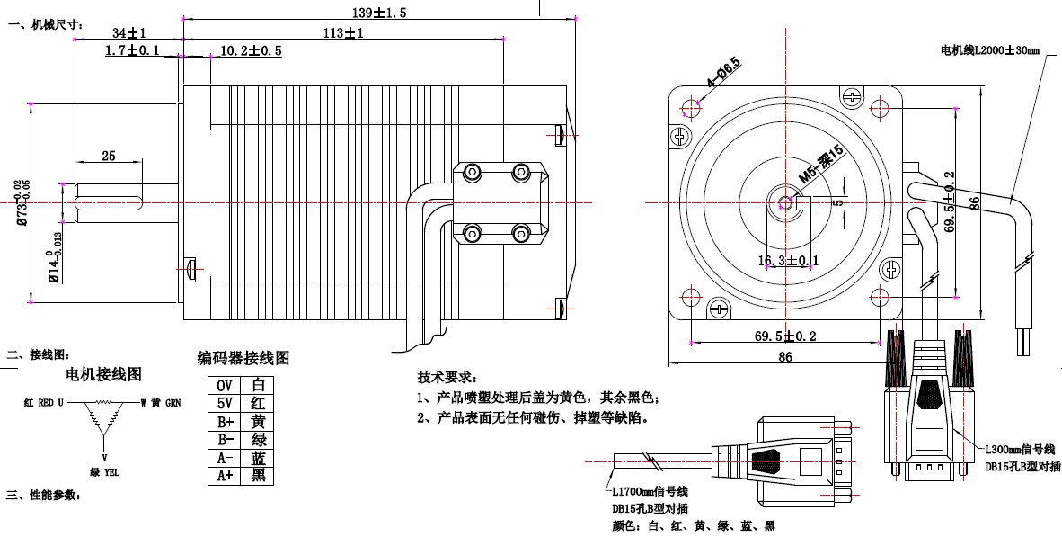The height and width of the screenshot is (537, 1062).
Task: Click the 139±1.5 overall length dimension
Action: [x=378, y=13]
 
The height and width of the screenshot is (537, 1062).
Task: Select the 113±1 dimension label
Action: [x=343, y=33]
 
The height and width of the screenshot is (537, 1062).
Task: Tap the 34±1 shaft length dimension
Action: [x=130, y=33]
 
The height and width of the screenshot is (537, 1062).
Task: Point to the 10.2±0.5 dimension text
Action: [x=251, y=51]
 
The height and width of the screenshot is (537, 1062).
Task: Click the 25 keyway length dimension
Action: [x=108, y=157]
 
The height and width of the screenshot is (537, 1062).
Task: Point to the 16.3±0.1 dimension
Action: [x=788, y=261]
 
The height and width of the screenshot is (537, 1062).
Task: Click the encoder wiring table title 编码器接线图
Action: [x=243, y=358]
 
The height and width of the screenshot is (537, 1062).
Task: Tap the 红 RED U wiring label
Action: [x=43, y=403]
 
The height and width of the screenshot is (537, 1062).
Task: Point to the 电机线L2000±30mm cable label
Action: [x=988, y=50]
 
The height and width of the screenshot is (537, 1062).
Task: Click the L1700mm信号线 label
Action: [x=650, y=492]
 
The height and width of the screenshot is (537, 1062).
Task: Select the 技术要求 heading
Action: [x=448, y=377]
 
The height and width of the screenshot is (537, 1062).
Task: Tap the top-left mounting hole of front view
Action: [x=692, y=108]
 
